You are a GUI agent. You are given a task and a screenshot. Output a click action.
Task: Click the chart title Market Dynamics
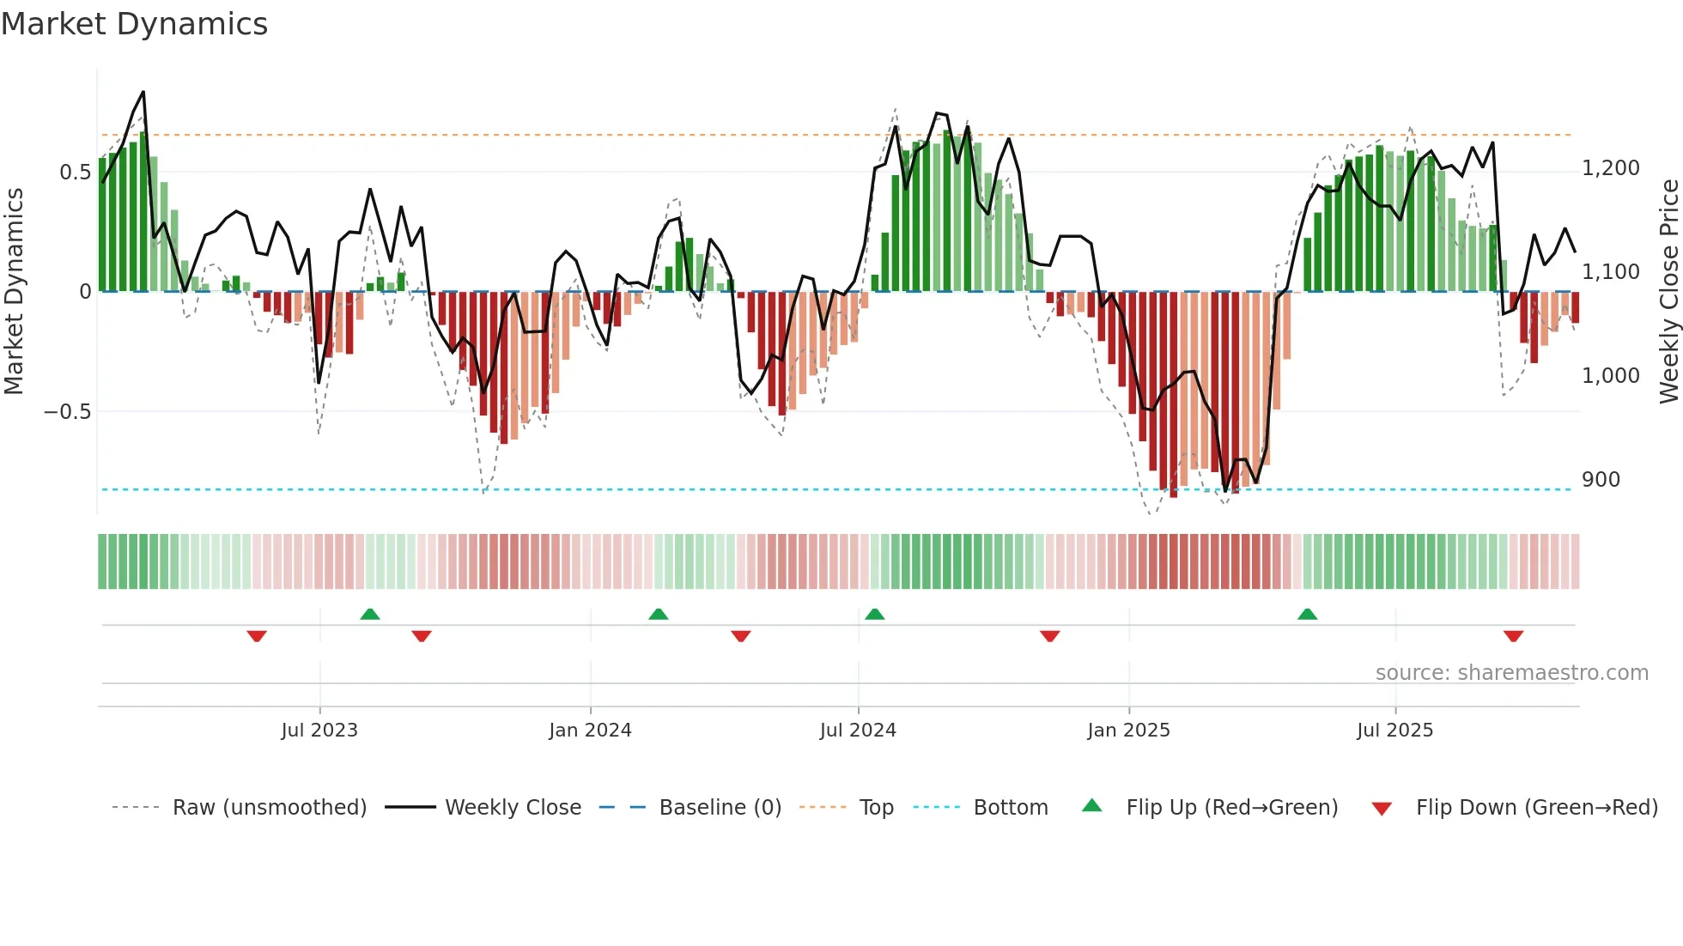(134, 24)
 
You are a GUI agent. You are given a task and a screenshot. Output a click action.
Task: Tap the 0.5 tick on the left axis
(75, 173)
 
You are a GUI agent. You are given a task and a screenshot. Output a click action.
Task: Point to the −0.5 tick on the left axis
(67, 412)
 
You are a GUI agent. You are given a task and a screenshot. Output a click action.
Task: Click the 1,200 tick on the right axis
(1610, 168)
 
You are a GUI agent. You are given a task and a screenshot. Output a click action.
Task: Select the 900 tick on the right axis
(1601, 480)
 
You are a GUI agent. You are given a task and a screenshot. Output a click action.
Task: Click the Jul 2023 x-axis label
(319, 731)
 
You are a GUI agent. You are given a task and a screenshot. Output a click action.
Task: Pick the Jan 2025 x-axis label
(1128, 731)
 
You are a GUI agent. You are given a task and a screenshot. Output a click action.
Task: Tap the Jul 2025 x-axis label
(1394, 731)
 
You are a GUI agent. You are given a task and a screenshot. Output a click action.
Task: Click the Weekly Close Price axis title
(1668, 292)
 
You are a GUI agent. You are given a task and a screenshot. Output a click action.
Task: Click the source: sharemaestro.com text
(1511, 673)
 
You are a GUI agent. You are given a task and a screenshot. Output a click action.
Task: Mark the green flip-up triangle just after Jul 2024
(875, 615)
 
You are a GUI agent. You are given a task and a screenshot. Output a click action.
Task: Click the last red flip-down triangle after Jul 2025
(1513, 636)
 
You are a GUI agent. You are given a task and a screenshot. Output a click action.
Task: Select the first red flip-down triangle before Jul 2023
(257, 636)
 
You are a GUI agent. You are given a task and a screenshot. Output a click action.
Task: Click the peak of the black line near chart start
(143, 92)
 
